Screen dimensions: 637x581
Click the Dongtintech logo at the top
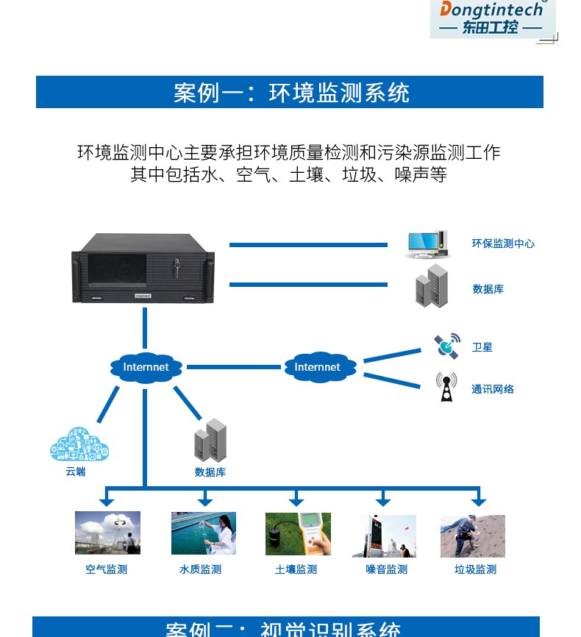click(492, 18)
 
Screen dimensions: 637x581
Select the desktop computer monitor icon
click(427, 244)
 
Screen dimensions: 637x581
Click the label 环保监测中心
click(503, 243)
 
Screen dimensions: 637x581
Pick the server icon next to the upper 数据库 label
click(431, 285)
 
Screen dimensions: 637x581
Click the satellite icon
click(446, 345)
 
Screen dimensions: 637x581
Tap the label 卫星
click(482, 347)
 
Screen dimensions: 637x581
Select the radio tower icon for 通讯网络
click(446, 387)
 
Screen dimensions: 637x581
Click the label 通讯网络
click(493, 389)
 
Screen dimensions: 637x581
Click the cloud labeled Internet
click(146, 367)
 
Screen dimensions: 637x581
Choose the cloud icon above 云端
click(79, 444)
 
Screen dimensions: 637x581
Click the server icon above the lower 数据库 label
click(210, 440)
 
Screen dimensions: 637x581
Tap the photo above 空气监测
click(107, 533)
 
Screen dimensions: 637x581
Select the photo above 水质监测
click(203, 533)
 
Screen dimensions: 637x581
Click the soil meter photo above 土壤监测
click(298, 533)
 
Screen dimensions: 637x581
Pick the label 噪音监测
click(387, 569)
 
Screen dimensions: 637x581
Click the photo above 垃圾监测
click(472, 535)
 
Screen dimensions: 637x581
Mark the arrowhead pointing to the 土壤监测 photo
click(296, 502)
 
